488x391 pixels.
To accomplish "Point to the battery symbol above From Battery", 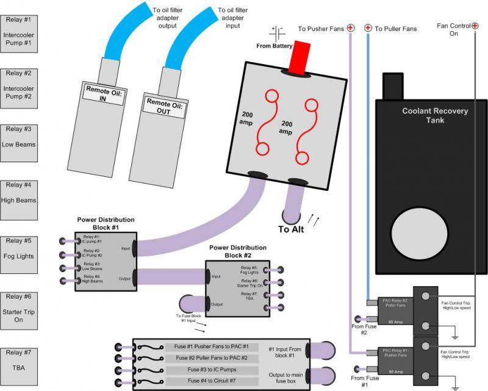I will [278, 32].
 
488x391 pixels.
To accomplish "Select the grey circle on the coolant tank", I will [414, 232].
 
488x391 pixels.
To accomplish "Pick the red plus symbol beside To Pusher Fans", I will [351, 28].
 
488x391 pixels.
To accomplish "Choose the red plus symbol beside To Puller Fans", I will [368, 28].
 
